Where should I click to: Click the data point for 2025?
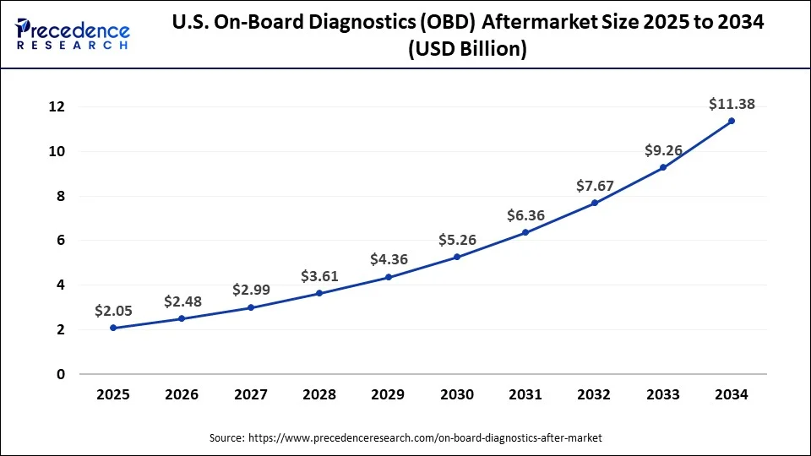(x=114, y=328)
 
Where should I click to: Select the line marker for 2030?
(x=457, y=257)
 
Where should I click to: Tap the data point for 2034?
(x=732, y=121)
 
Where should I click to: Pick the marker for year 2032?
(x=595, y=203)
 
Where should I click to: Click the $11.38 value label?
(x=732, y=105)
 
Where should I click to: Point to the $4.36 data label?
(x=389, y=259)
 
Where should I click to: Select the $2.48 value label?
(x=182, y=301)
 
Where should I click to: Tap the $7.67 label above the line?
(x=595, y=185)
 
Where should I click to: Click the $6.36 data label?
(x=525, y=215)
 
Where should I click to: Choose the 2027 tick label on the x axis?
(x=251, y=394)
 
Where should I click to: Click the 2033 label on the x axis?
(x=663, y=394)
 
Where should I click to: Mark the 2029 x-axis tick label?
(x=389, y=394)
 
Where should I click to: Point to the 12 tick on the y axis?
(x=57, y=107)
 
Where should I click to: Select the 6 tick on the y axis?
(x=61, y=241)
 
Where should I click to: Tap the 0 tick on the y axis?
(x=61, y=374)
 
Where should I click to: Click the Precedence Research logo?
(x=73, y=34)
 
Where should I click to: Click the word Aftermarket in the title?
(x=536, y=23)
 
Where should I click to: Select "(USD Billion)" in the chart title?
(x=467, y=50)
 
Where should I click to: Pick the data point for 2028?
(x=319, y=293)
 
